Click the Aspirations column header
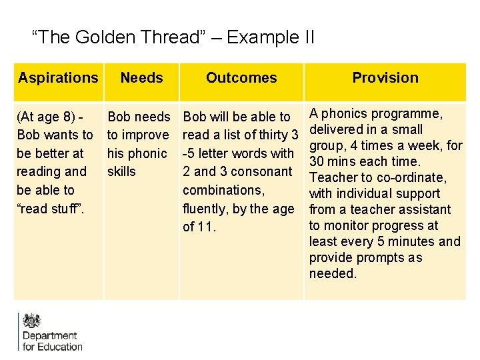coord(58,78)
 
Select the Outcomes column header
coord(241,78)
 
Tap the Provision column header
coord(385,78)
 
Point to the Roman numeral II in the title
coord(307,37)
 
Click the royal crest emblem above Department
coord(32,321)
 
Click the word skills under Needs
coord(121,171)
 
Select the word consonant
coord(261,171)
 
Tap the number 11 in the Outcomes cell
coord(207,227)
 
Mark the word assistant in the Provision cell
coord(420,209)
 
